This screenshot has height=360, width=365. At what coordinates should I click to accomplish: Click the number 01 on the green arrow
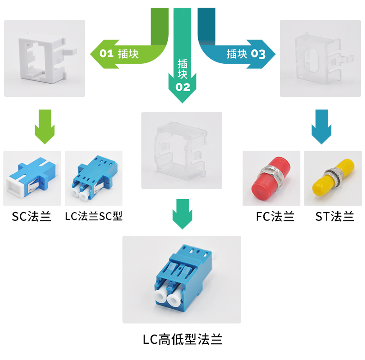(107, 54)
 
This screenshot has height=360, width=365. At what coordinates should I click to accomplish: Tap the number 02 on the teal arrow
(182, 86)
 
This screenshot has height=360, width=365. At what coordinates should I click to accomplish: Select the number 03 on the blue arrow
(258, 54)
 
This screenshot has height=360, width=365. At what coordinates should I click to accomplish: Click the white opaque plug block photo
(44, 58)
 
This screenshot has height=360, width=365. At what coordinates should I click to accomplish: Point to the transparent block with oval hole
(320, 58)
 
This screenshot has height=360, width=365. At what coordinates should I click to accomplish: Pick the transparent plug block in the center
(182, 150)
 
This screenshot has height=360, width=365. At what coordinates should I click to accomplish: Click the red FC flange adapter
(271, 178)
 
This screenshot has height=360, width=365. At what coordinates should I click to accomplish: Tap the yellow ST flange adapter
(333, 178)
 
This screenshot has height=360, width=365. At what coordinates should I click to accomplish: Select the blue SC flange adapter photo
(32, 178)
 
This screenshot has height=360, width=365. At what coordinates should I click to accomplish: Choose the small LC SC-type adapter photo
(93, 178)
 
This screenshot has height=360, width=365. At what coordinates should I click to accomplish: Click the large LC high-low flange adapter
(182, 279)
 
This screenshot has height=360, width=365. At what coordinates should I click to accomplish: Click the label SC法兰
(31, 216)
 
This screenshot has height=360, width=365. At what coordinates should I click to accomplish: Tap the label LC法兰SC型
(94, 216)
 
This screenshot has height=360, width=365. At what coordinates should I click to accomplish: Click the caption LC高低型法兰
(182, 340)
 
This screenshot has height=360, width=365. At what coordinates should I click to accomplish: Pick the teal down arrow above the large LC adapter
(182, 214)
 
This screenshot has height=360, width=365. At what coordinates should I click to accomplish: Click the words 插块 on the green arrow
(128, 54)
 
